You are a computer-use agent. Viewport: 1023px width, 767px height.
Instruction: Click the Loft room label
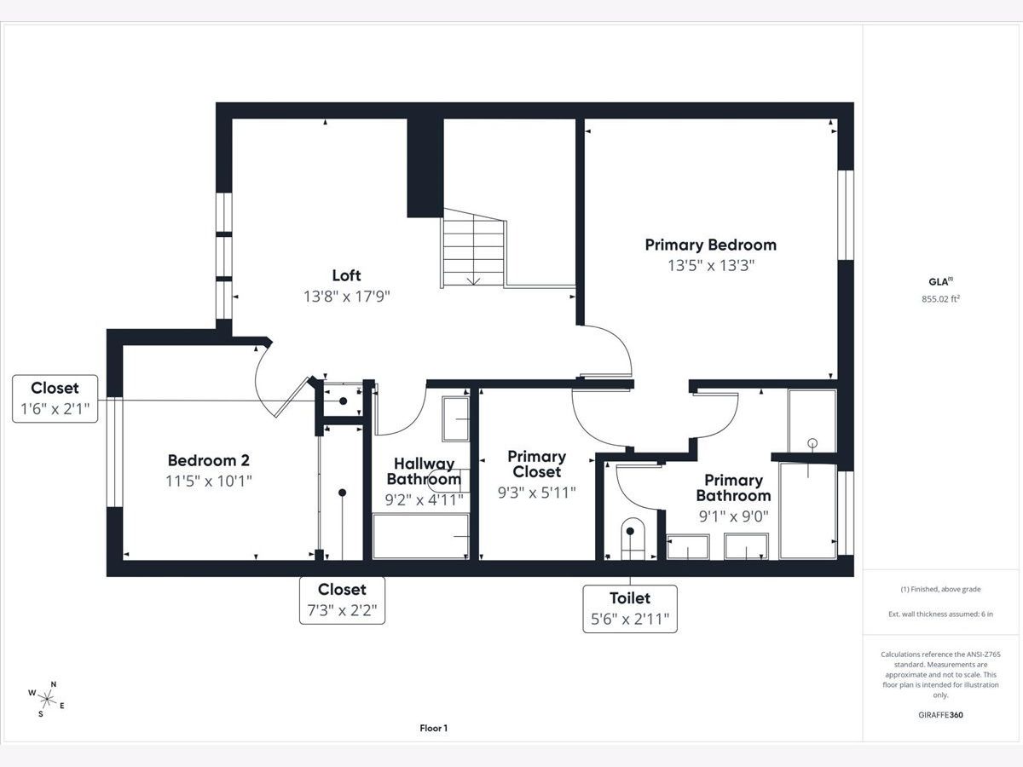346,275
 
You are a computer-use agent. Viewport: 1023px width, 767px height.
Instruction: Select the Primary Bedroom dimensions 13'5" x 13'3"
711,265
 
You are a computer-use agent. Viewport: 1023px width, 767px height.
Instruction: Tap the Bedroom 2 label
208,460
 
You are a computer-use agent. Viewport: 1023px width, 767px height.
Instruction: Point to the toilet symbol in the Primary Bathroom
633,539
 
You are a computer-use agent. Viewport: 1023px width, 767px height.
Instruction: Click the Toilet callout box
630,608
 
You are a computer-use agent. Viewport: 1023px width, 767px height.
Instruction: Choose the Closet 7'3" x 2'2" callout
342,600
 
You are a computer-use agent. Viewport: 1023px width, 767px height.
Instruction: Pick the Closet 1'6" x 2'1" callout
55,399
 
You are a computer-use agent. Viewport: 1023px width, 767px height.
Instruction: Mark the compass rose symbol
46,699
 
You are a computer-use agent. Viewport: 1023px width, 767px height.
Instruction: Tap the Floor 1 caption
433,728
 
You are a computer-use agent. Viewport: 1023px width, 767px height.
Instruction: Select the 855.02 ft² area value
940,298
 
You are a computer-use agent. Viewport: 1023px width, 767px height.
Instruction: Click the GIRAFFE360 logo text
940,714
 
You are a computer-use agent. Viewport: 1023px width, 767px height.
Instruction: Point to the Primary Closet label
537,464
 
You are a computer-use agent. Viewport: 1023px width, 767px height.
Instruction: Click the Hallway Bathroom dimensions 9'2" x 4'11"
424,499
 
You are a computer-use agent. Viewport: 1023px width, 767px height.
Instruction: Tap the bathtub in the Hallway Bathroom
420,536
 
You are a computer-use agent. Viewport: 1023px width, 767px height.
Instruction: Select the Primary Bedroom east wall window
846,215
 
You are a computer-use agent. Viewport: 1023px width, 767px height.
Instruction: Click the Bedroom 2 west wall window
114,452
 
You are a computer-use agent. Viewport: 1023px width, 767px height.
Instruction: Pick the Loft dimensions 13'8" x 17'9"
347,297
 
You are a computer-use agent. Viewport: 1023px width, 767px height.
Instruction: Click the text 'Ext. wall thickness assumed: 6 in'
940,614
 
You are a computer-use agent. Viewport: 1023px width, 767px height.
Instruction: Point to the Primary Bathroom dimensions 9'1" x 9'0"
734,516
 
